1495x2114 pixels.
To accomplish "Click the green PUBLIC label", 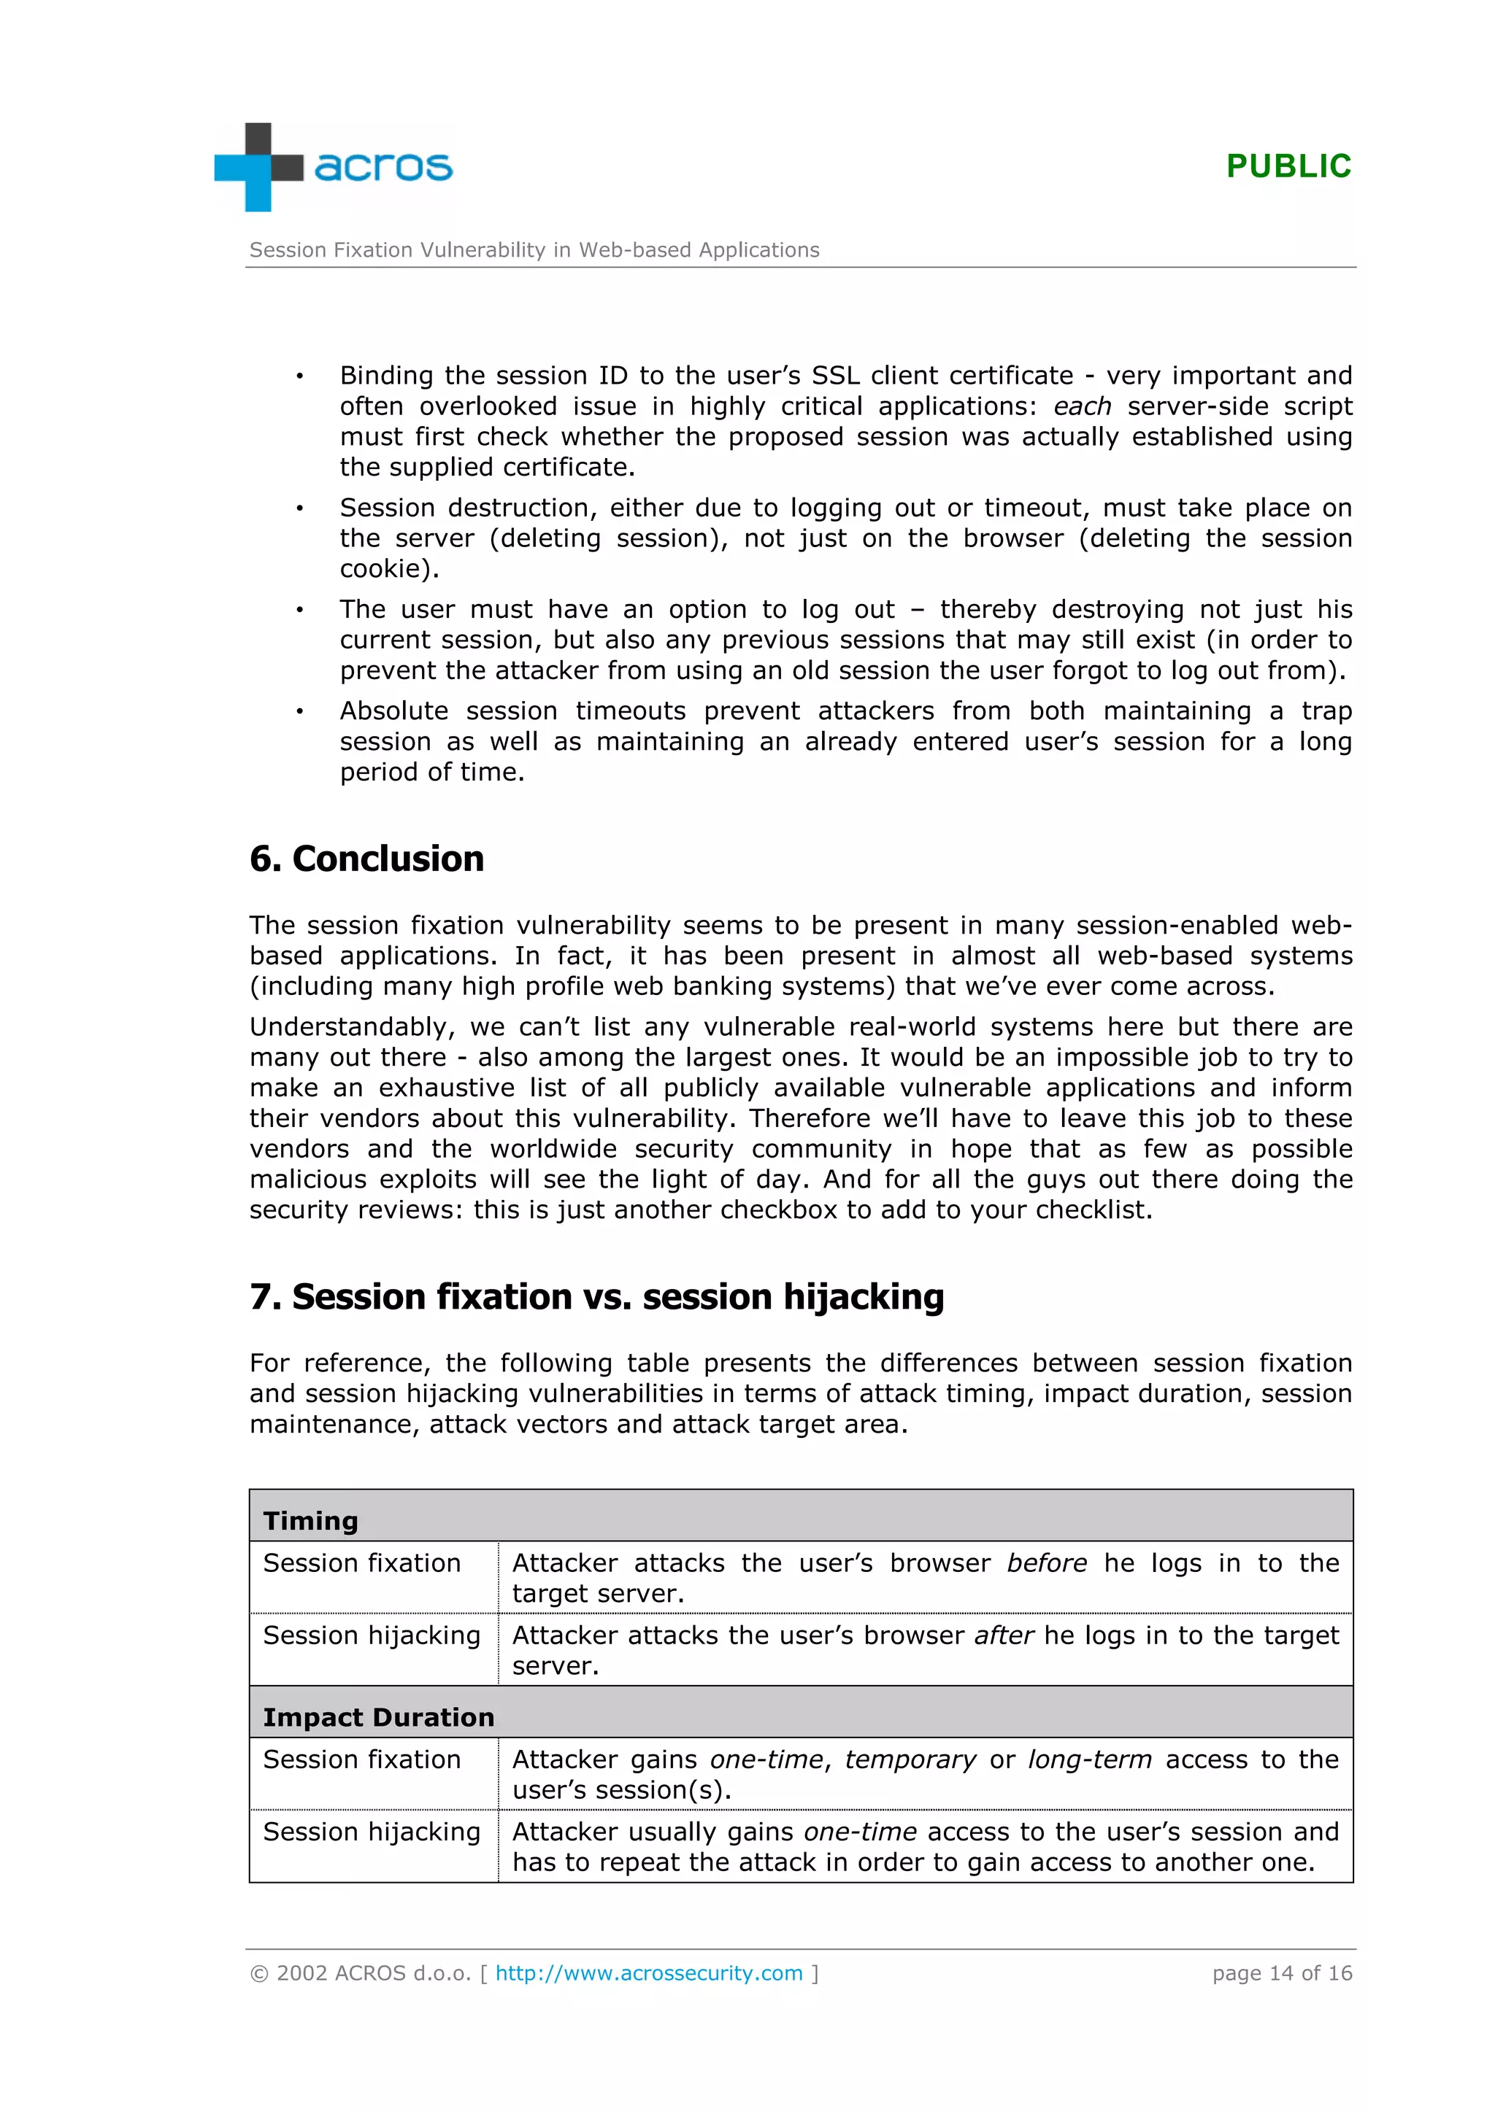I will (1288, 166).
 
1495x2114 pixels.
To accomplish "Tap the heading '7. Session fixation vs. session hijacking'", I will (597, 1297).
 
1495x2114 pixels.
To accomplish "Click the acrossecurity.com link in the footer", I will (648, 1973).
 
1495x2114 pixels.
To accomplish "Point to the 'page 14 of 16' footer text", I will (1281, 1973).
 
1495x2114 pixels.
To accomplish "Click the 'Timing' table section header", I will (310, 1521).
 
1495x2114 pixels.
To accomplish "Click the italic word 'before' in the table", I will (1046, 1563).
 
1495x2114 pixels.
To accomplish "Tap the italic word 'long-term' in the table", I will (1090, 1759).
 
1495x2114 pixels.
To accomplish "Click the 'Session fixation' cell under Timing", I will (362, 1563).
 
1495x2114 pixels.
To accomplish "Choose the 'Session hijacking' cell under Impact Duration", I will (372, 1832).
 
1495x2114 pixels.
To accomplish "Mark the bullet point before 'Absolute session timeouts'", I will (299, 712).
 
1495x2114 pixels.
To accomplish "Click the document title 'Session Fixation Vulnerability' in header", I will (534, 250).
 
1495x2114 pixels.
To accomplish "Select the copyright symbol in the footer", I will (260, 1973).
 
